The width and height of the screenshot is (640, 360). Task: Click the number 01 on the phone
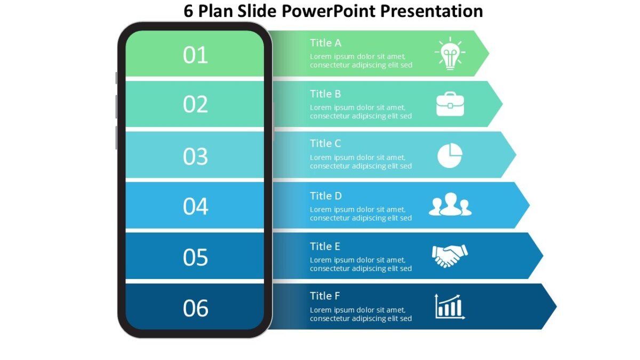tap(195, 55)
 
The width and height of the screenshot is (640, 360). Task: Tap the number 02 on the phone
tap(195, 105)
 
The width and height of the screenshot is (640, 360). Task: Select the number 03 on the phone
tap(195, 156)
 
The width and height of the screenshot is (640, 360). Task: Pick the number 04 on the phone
tap(195, 206)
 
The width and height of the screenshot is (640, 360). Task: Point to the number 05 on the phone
tap(195, 258)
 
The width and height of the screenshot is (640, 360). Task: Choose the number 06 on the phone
tap(195, 308)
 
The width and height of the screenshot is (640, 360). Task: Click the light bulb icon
tap(450, 53)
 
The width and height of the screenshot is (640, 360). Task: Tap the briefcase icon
tap(450, 104)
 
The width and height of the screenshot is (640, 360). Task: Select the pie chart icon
tap(450, 155)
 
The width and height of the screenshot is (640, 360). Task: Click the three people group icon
tap(450, 205)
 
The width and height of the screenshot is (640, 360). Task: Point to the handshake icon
tap(450, 255)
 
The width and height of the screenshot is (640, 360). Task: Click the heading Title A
tap(325, 43)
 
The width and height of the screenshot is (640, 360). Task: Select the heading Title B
tap(325, 94)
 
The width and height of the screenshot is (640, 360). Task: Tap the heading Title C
tap(325, 143)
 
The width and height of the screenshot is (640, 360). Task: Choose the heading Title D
tap(326, 196)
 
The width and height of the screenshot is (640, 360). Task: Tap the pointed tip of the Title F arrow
tap(555, 307)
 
